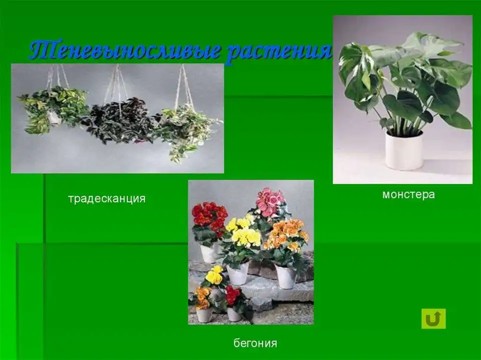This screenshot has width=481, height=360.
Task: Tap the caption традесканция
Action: [x=107, y=199]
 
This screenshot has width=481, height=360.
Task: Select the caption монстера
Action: [x=409, y=194]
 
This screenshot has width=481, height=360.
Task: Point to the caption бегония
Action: [x=255, y=343]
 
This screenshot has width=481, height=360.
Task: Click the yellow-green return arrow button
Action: [x=433, y=318]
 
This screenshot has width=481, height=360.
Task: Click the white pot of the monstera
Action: [x=404, y=150]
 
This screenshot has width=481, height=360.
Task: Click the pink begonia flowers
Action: [x=270, y=202]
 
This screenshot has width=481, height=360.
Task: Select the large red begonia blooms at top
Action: [x=210, y=216]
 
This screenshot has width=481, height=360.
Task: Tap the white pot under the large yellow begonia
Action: [x=237, y=273]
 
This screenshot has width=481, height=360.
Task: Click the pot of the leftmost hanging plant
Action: [x=54, y=118]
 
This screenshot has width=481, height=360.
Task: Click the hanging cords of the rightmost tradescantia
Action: [x=183, y=86]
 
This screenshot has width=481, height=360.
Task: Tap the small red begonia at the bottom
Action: [x=233, y=295]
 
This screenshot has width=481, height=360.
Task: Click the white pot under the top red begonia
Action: [x=209, y=253]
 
